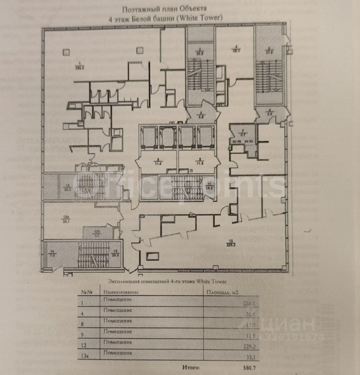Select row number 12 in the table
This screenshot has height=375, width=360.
(x=83, y=345)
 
